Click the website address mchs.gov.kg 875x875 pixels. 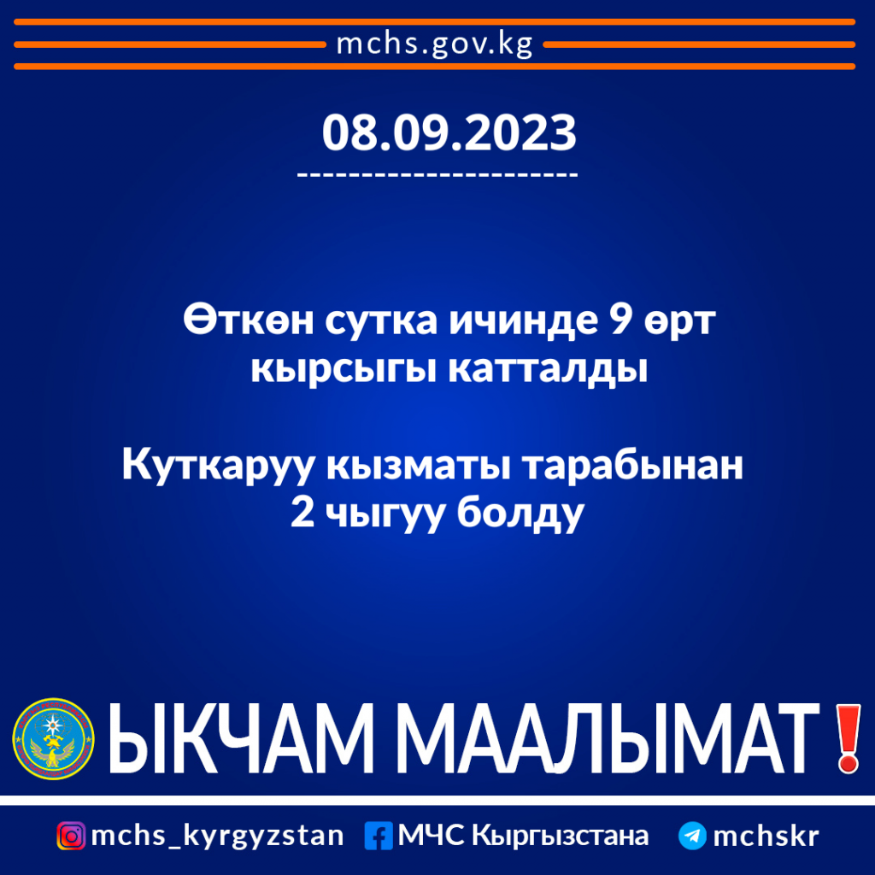pos(436,44)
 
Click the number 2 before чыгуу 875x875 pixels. pos(302,514)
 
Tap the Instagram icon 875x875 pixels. pos(71,836)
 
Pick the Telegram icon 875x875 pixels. pos(692,836)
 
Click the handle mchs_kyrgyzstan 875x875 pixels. pos(217,836)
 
